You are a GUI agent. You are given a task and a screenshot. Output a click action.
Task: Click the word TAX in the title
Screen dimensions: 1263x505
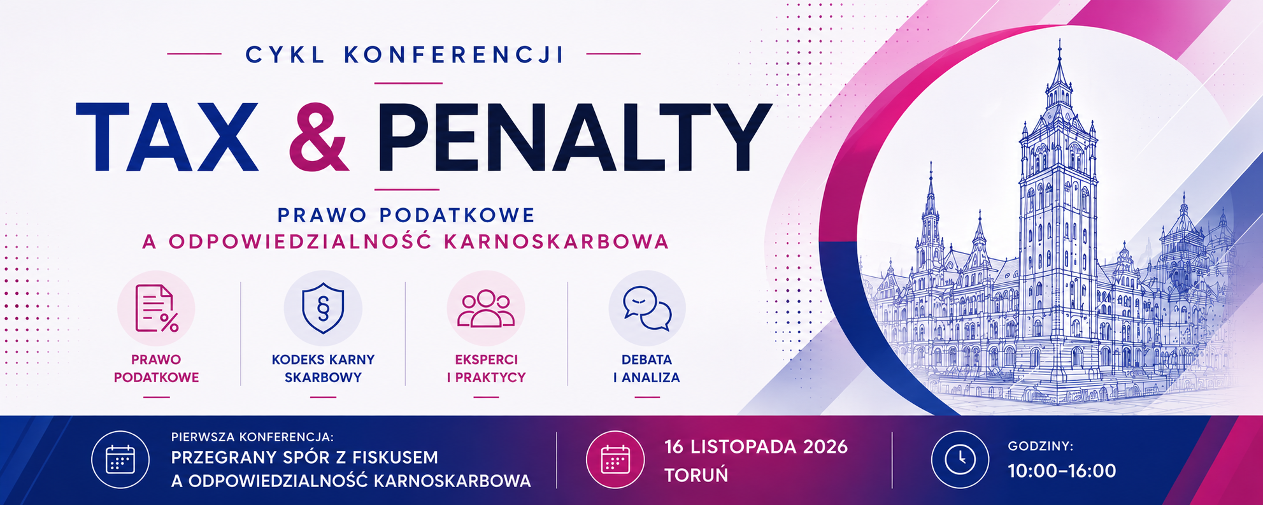point(167,137)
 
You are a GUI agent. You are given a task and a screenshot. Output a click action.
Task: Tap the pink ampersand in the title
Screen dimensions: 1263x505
point(318,137)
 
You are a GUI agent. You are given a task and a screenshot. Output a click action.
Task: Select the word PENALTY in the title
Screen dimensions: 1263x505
point(573,137)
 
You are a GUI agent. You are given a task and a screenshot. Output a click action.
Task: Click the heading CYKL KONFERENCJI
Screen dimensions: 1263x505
point(405,55)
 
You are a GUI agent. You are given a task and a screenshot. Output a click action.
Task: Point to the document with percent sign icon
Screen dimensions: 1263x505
point(156,309)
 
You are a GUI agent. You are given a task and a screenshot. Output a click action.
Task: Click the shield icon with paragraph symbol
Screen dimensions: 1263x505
point(323,309)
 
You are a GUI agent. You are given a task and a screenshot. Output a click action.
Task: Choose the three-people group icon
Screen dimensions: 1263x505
point(486,309)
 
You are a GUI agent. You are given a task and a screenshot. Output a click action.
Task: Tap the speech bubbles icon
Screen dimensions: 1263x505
point(647,309)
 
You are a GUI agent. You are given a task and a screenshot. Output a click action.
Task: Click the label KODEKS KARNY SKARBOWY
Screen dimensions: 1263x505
point(323,369)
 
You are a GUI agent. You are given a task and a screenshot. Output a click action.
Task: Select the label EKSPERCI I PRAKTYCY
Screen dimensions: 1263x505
point(486,369)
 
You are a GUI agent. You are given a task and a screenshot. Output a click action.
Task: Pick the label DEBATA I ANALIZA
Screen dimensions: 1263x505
point(646,369)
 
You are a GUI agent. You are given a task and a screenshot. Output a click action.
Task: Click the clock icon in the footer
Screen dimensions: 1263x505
point(960,459)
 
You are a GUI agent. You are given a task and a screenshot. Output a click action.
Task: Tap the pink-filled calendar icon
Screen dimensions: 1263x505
point(615,459)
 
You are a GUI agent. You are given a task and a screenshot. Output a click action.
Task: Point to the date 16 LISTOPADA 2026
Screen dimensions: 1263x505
point(756,447)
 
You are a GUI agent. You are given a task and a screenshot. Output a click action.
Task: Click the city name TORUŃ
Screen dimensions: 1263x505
point(696,475)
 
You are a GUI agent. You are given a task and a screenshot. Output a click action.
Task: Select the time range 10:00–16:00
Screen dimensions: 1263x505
point(1062,471)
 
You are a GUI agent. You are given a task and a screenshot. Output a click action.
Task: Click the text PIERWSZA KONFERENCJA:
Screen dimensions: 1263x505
point(252,437)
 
